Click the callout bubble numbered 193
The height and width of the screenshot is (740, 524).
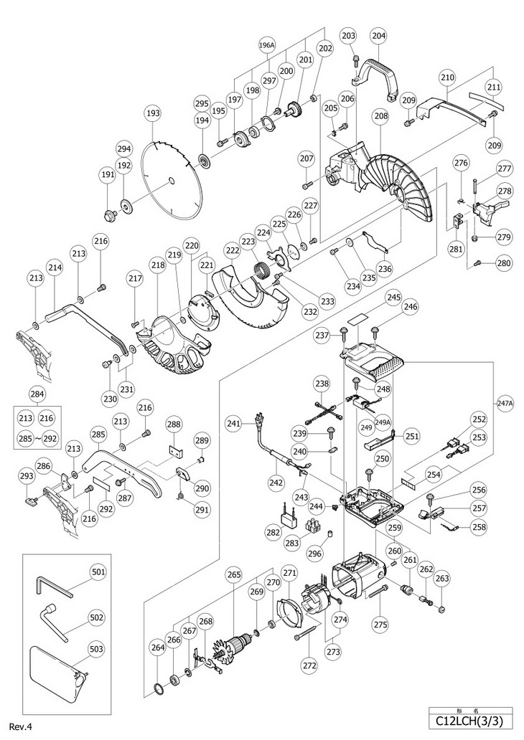(152, 113)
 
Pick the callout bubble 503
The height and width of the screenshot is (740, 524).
(98, 648)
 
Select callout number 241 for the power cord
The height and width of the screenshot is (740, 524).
(233, 423)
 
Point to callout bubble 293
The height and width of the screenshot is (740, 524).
(27, 475)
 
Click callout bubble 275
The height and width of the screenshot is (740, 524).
(380, 625)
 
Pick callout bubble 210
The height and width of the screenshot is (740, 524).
(447, 77)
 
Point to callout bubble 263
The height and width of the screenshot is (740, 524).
(442, 579)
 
